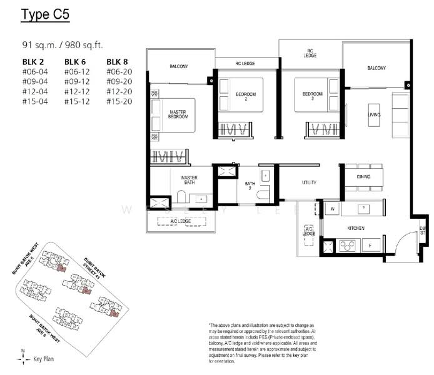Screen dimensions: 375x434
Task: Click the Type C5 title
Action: [x=47, y=15]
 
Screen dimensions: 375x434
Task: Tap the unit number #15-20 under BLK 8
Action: [x=120, y=101]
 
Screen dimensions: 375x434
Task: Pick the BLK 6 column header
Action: [x=77, y=61]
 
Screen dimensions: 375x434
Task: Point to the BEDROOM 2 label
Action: [x=242, y=96]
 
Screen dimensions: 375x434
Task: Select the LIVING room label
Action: [x=374, y=115]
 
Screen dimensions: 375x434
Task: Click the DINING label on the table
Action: [x=363, y=177]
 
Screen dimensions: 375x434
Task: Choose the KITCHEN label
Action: [x=355, y=228]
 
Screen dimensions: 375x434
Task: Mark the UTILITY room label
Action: [x=308, y=183]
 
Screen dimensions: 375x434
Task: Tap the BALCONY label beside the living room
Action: [x=376, y=67]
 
